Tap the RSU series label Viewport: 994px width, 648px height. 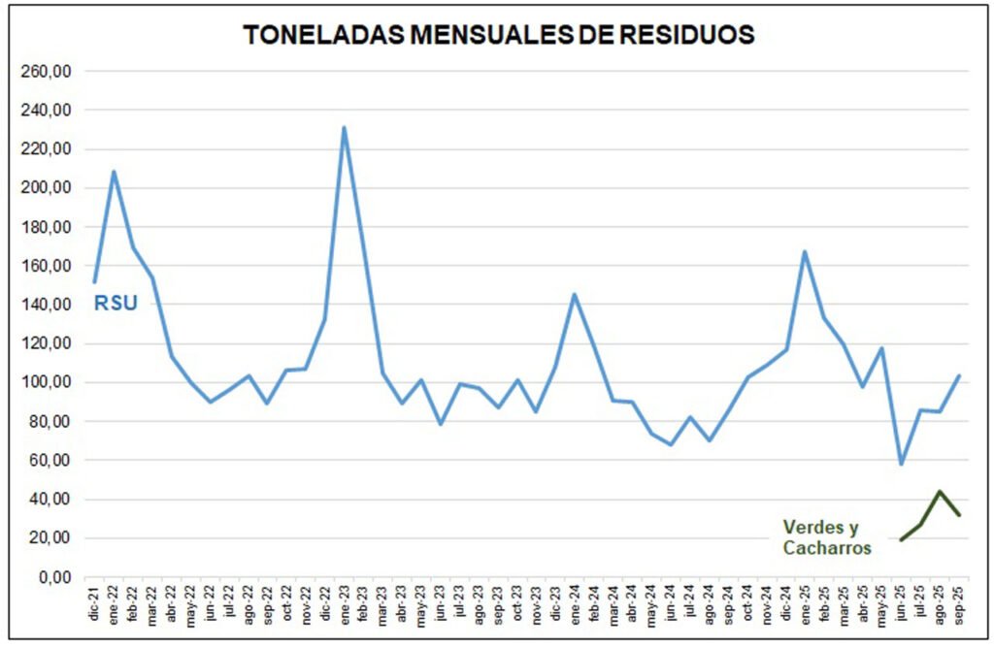pos(116,304)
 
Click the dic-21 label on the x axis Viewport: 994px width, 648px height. pos(95,607)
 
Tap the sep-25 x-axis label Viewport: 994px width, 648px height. pos(959,607)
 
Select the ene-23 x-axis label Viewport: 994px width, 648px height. pos(345,607)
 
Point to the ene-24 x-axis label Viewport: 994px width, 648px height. pos(575,607)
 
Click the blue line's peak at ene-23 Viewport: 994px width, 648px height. pos(344,127)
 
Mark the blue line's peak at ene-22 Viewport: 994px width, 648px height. pos(115,172)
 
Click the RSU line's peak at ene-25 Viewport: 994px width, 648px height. pos(805,252)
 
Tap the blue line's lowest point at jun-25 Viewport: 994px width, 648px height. pos(901,464)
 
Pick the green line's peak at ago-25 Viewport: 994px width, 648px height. pos(940,491)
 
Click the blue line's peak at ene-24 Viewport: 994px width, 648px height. pos(575,294)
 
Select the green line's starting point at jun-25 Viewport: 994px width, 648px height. pos(901,540)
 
